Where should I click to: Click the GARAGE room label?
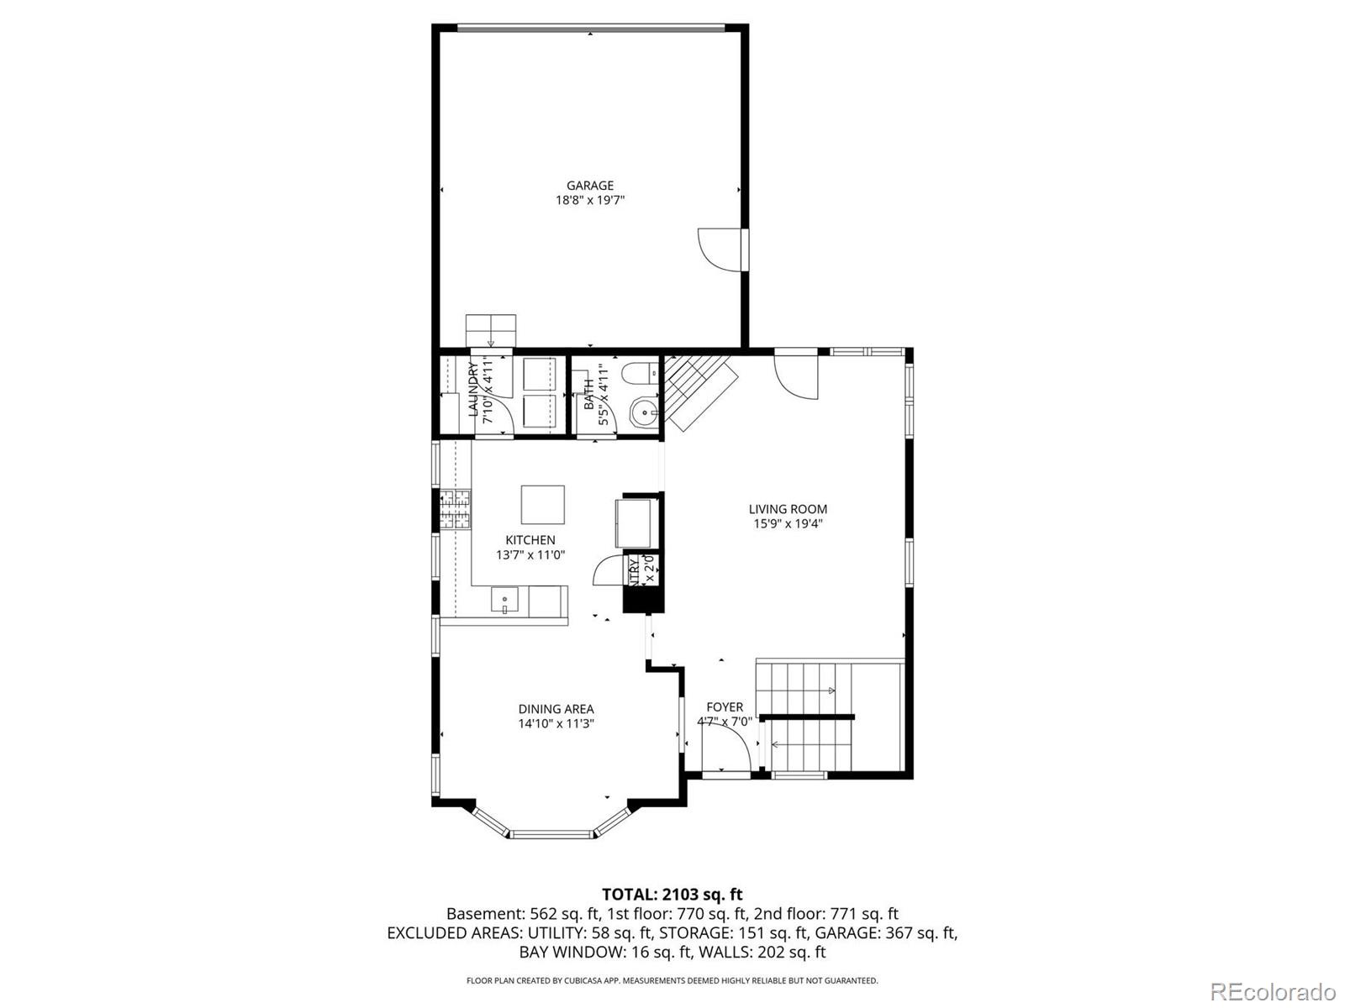point(589,186)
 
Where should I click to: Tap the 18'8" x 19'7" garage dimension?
point(589,201)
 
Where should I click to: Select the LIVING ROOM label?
point(788,509)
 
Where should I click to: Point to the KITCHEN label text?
point(530,540)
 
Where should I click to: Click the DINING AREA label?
point(556,709)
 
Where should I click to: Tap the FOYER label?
point(724,707)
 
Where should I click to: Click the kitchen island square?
point(542,504)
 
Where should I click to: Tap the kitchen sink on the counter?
point(505,601)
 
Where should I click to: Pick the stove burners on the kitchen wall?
point(456,509)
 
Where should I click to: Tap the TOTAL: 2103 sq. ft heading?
point(672,895)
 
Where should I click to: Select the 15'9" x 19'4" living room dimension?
point(788,524)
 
